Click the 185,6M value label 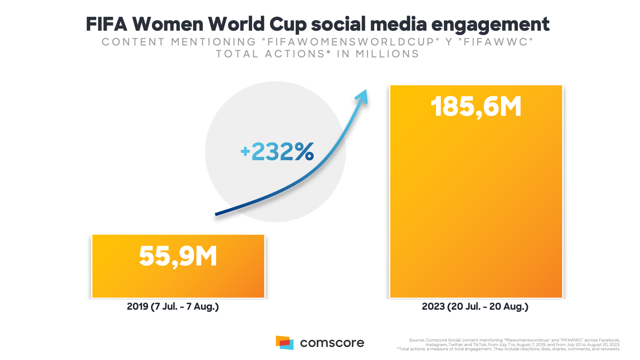(476, 107)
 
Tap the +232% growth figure (277, 152)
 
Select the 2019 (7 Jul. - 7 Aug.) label (173, 307)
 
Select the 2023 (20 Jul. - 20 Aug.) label (475, 307)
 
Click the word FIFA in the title (106, 24)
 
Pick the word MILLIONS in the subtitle (387, 54)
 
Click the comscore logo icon (284, 343)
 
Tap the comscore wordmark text (332, 343)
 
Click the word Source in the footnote (416, 340)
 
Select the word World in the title (236, 24)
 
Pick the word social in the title (338, 24)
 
